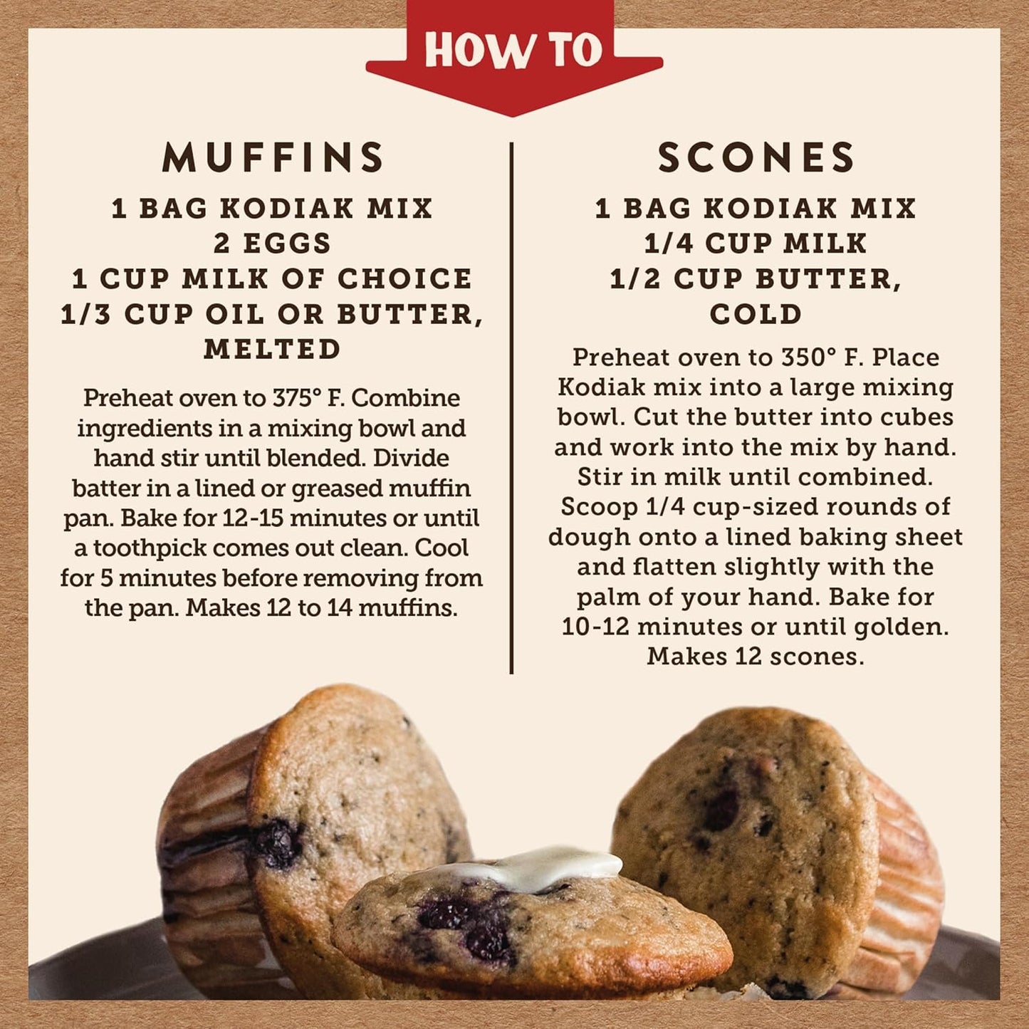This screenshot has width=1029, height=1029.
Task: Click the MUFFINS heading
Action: tap(273, 157)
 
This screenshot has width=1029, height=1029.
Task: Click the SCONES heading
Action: tap(756, 157)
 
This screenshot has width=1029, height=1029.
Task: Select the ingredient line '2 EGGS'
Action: tap(273, 244)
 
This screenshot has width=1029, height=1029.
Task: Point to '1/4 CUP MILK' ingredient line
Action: tap(756, 244)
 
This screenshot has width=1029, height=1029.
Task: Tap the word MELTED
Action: tap(273, 349)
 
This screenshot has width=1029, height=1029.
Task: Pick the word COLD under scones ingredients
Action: tap(756, 314)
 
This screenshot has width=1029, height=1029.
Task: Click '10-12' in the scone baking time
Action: tap(595, 627)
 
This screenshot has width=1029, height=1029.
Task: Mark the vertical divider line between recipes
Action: tap(511, 406)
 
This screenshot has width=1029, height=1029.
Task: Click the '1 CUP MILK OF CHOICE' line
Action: tap(273, 278)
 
